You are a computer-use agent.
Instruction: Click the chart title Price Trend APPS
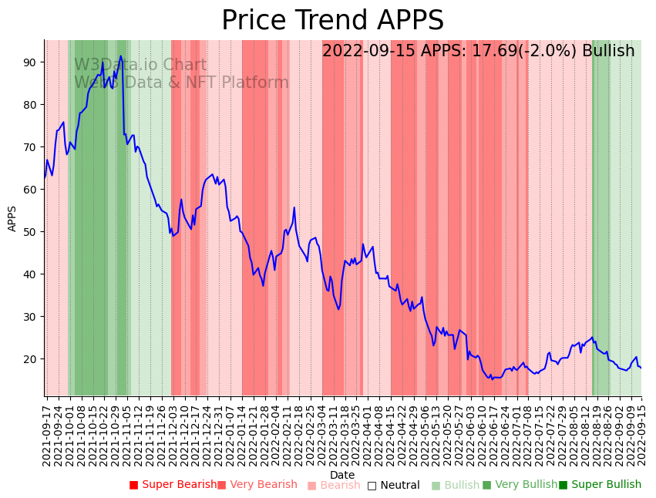coord(332,21)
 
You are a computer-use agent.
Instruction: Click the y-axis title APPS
coord(12,218)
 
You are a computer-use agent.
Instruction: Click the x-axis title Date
coord(342,475)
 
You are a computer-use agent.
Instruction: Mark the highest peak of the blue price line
coord(121,56)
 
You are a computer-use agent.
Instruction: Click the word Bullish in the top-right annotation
coord(608,51)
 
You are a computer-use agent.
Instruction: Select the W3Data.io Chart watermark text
coord(140,66)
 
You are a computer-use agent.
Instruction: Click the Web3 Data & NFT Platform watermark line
coord(181,83)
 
